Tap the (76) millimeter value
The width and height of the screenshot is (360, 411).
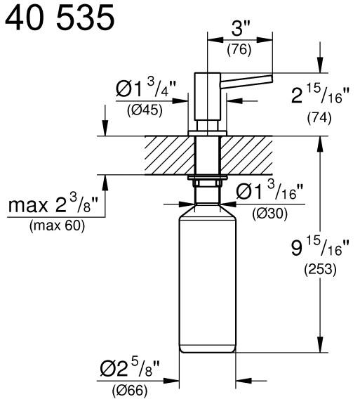(240, 50)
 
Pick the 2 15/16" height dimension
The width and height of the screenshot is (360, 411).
(318, 96)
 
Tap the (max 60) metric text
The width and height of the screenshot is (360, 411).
(54, 226)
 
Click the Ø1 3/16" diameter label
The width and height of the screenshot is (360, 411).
(269, 192)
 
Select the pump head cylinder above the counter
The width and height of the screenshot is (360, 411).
(208, 95)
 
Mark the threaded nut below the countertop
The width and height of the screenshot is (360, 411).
(208, 183)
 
